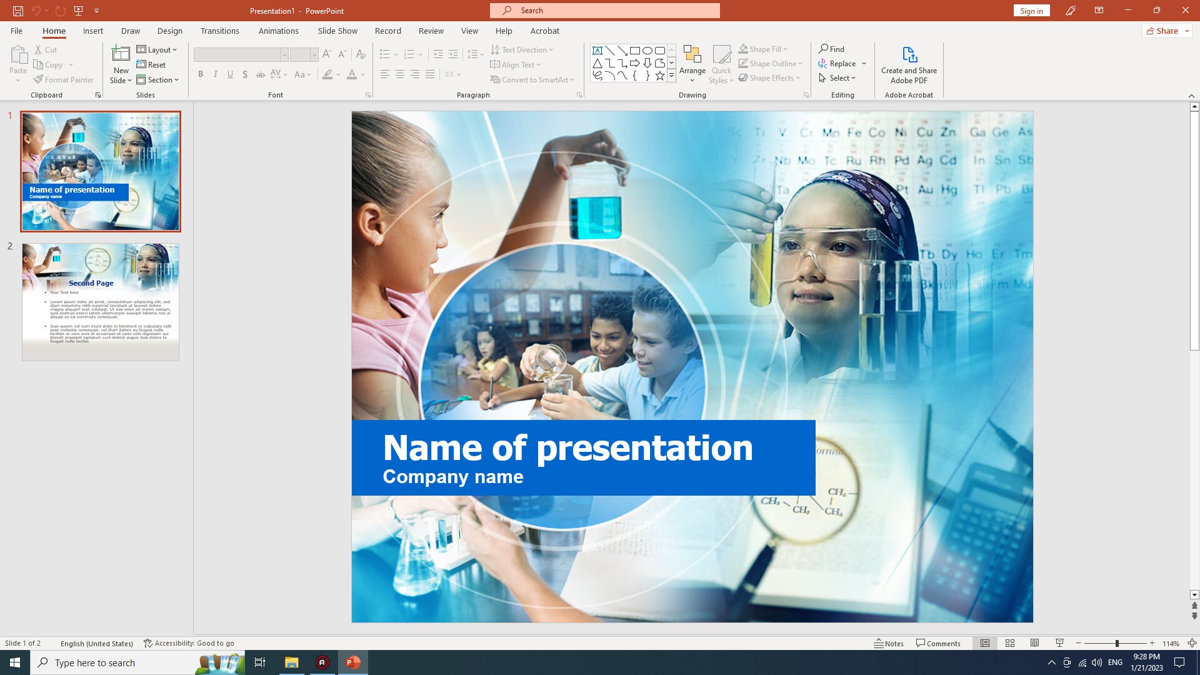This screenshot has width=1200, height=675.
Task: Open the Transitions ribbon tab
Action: coord(219,31)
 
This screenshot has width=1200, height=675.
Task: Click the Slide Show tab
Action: coord(337,31)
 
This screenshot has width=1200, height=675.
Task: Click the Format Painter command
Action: coord(64,79)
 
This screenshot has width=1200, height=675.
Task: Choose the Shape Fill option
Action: coord(763,49)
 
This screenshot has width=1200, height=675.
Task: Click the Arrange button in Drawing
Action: coord(692,64)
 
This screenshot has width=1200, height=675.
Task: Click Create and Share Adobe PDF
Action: coord(909,65)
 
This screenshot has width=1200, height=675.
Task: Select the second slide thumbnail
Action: coord(101,302)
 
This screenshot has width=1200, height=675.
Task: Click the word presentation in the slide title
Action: coord(644,448)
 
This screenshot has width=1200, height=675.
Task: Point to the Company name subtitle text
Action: coord(453,477)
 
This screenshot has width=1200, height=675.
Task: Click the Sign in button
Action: coord(1031,11)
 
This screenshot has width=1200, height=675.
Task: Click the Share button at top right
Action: coord(1167,31)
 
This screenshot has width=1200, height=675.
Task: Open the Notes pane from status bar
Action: coord(889,643)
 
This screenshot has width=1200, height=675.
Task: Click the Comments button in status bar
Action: coord(938,643)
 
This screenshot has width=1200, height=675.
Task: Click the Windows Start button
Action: coord(15,662)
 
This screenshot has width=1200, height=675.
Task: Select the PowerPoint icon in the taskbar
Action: coord(353,662)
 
